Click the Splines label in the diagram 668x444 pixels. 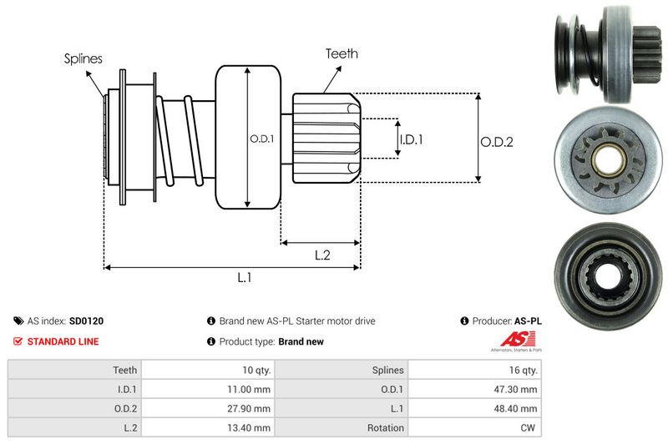[83, 58]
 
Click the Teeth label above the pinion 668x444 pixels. [342, 53]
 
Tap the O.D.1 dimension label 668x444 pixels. [262, 139]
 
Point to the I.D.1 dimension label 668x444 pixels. [411, 139]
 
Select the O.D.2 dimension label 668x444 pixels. [496, 142]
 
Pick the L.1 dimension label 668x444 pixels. [245, 278]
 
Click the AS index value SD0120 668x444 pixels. [87, 320]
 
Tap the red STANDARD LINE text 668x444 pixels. [63, 341]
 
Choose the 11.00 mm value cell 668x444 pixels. [250, 389]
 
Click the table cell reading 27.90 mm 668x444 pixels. [250, 408]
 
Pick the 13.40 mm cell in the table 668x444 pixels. [250, 427]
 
